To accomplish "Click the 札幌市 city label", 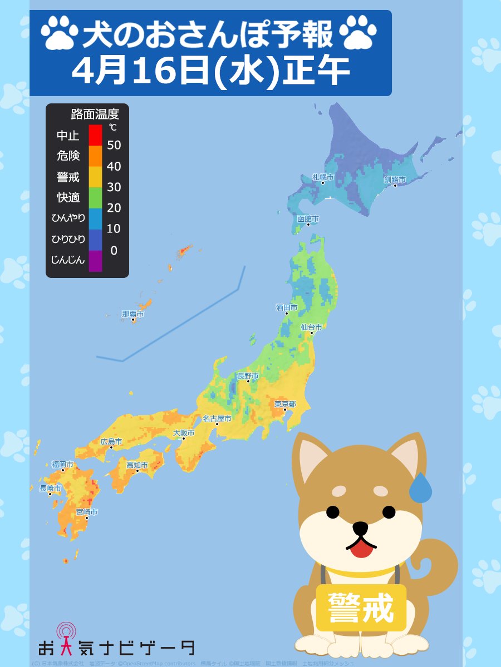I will (323, 177).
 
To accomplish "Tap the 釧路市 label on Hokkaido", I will (395, 180).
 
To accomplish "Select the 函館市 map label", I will (308, 219).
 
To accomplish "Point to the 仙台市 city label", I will (311, 327).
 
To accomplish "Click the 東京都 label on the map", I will (285, 404).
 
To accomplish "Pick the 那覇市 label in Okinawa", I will (133, 314).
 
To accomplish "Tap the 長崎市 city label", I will (50, 488).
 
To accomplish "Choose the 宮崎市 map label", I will (87, 511).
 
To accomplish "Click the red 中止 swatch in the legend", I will (95, 135).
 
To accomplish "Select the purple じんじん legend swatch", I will (95, 261).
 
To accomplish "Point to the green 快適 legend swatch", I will (95, 197).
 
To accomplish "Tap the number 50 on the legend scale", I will (114, 146).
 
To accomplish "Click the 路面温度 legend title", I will (95, 115).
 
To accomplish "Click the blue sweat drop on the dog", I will (420, 489).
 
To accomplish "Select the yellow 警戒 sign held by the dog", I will (361, 607).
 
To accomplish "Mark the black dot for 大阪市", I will (184, 439).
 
